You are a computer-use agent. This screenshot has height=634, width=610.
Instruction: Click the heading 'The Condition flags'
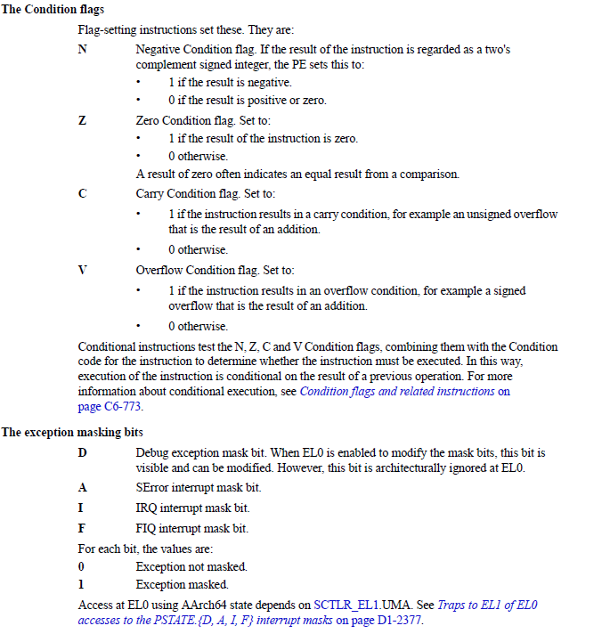[53, 10]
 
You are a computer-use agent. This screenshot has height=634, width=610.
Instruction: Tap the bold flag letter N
[83, 50]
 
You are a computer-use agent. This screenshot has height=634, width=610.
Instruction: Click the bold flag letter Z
[83, 122]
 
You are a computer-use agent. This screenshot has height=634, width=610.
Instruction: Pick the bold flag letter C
[83, 194]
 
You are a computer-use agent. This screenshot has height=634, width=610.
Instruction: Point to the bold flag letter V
[83, 270]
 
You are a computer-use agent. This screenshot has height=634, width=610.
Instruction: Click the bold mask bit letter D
[83, 453]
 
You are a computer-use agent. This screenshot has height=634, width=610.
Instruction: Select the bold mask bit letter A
[83, 488]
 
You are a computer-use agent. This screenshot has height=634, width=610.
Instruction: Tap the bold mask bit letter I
[82, 508]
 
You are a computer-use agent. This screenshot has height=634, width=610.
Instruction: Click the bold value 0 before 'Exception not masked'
[82, 567]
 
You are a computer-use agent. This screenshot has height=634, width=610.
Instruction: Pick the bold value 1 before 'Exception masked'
[82, 585]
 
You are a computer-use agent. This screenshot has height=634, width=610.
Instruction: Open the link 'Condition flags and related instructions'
[398, 391]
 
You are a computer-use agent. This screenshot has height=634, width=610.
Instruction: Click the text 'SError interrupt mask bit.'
[198, 488]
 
